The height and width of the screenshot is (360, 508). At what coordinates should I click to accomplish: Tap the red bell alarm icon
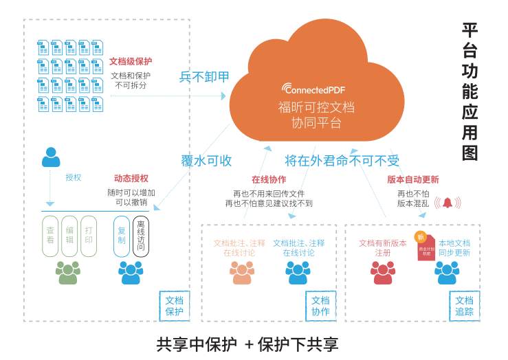(x=448, y=203)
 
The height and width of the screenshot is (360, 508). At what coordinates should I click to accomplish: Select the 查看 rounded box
(x=50, y=236)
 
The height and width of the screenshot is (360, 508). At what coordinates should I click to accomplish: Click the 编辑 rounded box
(x=69, y=236)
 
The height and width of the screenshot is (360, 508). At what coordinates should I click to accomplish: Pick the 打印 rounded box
(x=89, y=236)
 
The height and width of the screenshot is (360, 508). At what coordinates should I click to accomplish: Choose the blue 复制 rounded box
(x=122, y=236)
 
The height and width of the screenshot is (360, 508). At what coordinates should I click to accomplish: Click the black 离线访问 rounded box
(x=141, y=236)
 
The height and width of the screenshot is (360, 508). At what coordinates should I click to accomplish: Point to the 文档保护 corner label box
(x=175, y=306)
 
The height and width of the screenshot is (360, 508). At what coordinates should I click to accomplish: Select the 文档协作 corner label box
(x=320, y=306)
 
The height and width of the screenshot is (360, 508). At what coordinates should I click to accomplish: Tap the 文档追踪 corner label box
(x=464, y=306)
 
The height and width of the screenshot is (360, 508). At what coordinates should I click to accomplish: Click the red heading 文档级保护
(x=131, y=61)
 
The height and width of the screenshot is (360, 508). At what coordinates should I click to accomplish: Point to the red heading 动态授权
(x=131, y=179)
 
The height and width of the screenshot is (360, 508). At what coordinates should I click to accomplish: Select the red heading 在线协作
(x=269, y=180)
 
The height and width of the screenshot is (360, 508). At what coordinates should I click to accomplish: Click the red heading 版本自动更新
(x=413, y=179)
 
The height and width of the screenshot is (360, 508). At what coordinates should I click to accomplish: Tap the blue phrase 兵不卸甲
(x=204, y=77)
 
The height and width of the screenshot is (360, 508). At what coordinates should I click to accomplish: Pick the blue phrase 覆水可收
(x=206, y=161)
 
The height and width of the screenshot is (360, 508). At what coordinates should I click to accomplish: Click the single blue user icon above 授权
(x=51, y=157)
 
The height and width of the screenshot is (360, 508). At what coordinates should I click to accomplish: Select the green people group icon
(x=68, y=273)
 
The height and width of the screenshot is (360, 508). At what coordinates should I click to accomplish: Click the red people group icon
(x=383, y=273)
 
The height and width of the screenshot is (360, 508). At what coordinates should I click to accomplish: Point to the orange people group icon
(x=242, y=273)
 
